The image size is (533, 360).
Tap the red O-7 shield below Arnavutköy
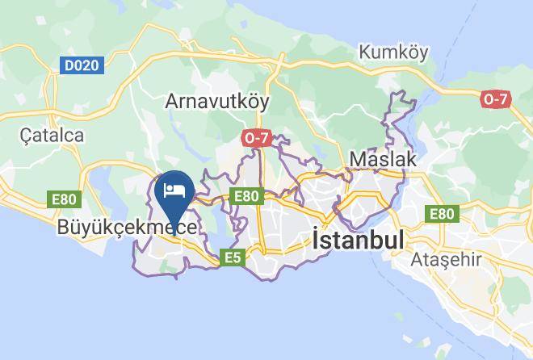[x=256, y=138]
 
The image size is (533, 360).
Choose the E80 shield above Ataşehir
[x=442, y=213]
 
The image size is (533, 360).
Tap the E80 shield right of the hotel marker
[x=246, y=195]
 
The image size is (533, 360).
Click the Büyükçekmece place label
[x=127, y=228]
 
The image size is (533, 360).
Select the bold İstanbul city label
[x=357, y=241]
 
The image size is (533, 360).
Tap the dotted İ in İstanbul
[x=316, y=240]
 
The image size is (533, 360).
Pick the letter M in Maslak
[x=359, y=159]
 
